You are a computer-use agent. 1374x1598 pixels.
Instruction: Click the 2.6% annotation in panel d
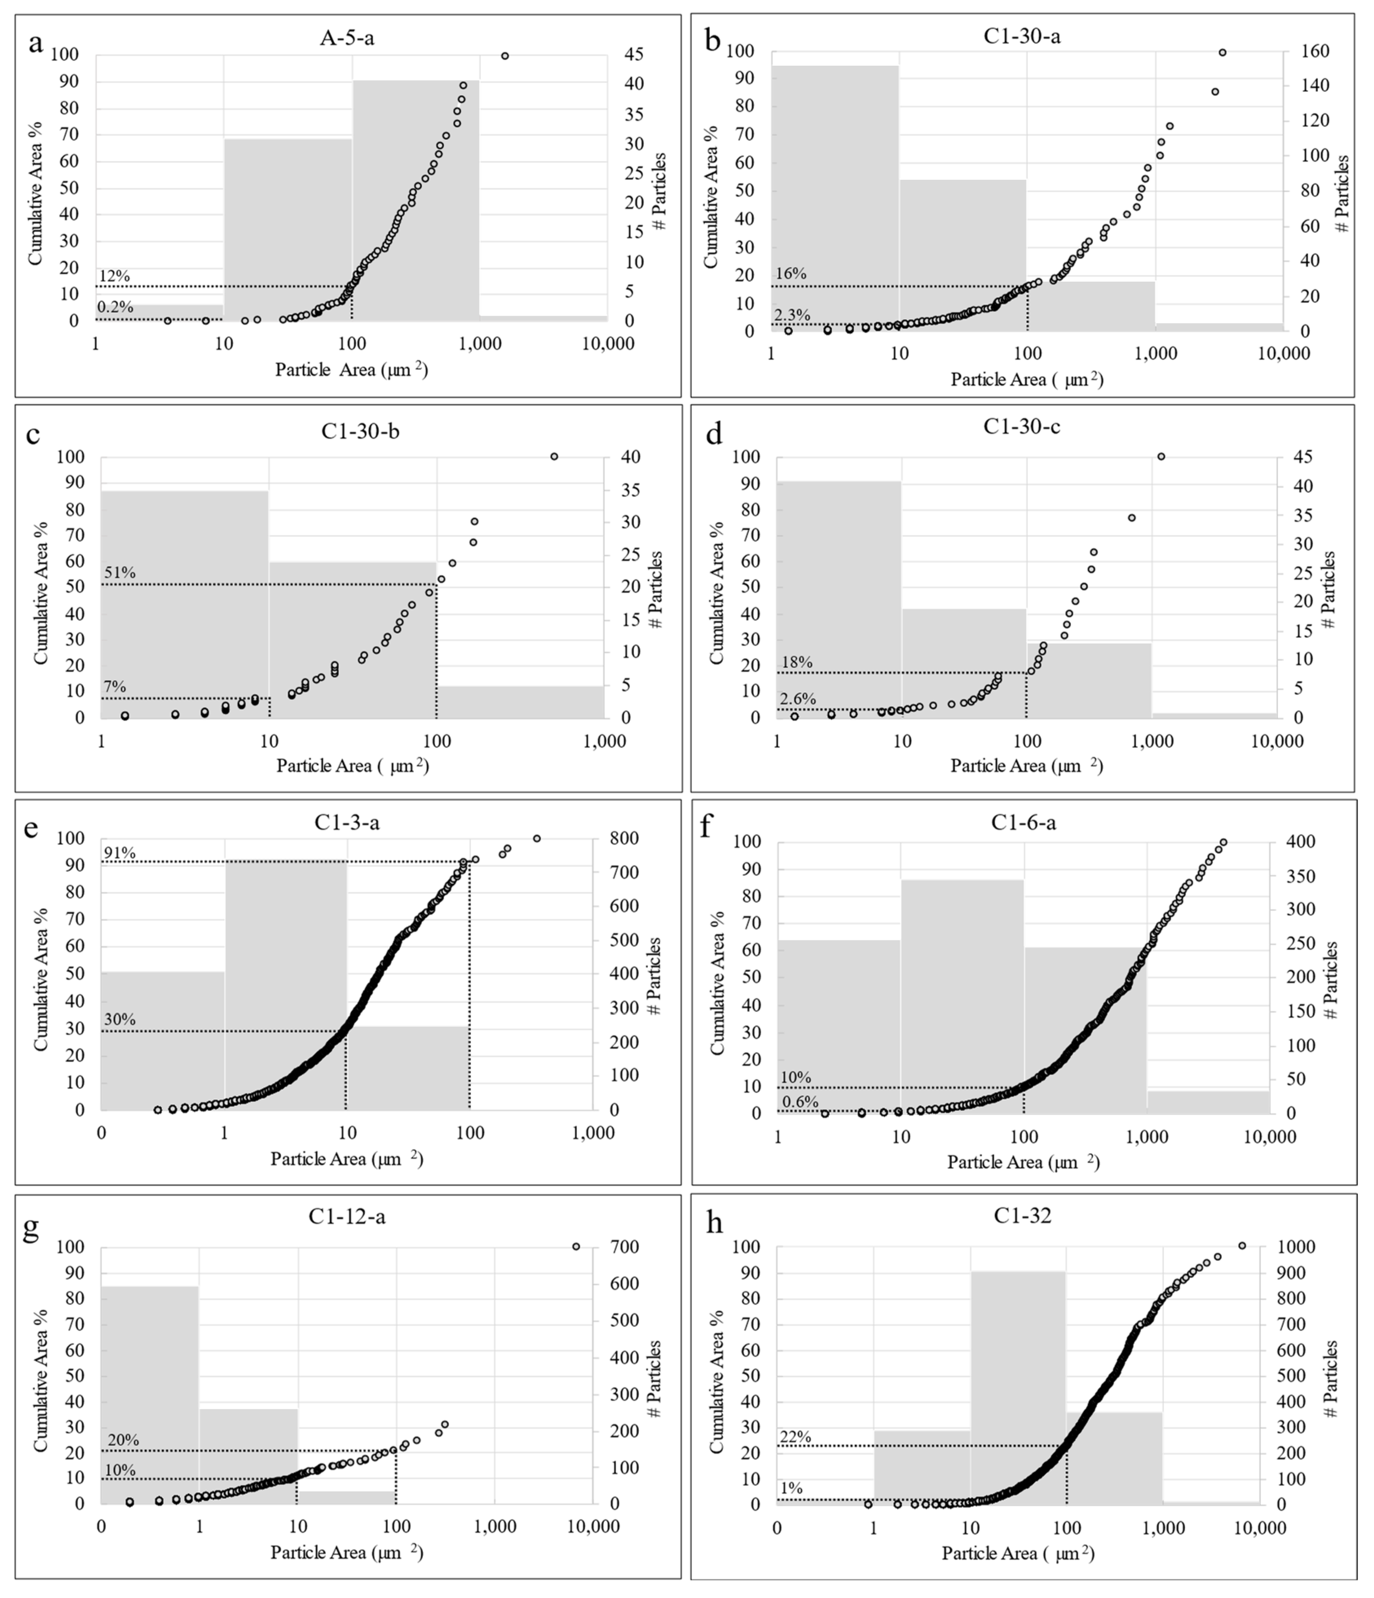798,699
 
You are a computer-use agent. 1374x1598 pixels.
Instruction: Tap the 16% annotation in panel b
791,274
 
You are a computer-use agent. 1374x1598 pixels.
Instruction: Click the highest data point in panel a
505,55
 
